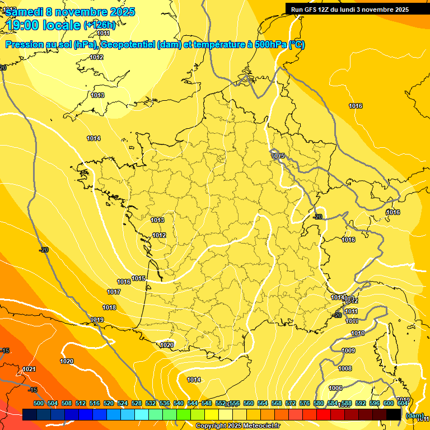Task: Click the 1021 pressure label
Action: coord(29,369)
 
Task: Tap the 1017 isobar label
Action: coord(114,292)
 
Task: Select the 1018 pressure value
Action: coord(109,307)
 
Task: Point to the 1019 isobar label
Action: coord(97,320)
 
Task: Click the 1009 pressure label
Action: coord(348,350)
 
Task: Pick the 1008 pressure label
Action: coord(345,368)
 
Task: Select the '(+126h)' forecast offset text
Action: coord(100,25)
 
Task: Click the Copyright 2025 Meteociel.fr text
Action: coord(238,426)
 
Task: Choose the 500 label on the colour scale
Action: coord(39,403)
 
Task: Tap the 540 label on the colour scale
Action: coord(179,403)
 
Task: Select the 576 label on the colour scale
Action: coord(305,403)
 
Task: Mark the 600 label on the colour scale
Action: coord(389,403)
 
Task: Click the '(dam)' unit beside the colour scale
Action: coord(414,415)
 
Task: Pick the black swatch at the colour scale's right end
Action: coord(394,414)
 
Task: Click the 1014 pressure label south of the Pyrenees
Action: coord(194,380)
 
